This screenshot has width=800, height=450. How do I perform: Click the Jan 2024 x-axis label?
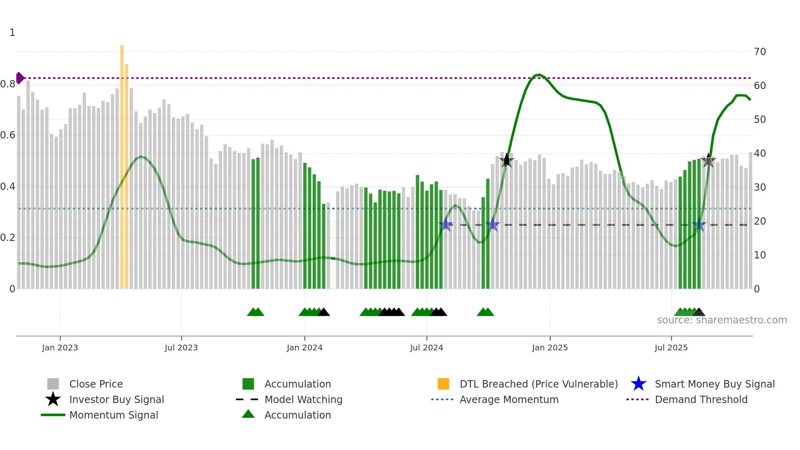point(304,348)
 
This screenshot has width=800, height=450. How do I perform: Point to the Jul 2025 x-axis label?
point(671,348)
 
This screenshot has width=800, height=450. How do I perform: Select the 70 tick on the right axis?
point(760,52)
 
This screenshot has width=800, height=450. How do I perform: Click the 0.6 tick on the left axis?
point(8,135)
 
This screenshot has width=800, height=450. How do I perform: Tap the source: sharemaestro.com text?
point(722,320)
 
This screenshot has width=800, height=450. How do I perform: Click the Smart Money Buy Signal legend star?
point(638,384)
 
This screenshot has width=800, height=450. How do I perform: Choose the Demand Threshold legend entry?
point(701,399)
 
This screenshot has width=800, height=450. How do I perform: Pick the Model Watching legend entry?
point(303,399)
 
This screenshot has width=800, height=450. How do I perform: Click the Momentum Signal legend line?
point(53,415)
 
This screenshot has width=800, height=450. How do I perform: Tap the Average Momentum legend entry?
point(509,399)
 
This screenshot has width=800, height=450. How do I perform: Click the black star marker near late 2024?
point(507,160)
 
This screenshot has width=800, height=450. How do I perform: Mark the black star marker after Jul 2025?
point(708,160)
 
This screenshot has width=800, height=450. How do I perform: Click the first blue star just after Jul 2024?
point(446,225)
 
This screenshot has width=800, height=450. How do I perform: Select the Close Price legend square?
point(53,384)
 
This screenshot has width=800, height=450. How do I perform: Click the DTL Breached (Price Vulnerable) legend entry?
point(538,384)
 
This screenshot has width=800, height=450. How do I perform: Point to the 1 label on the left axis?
point(12,33)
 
